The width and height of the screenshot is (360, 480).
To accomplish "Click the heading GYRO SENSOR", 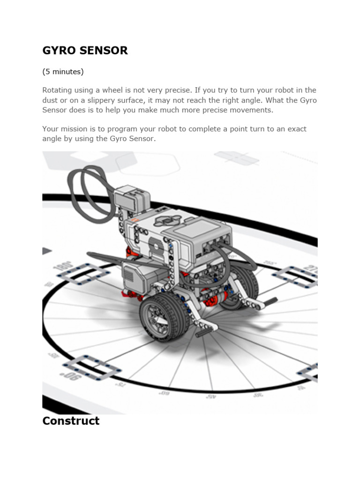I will click(x=85, y=51).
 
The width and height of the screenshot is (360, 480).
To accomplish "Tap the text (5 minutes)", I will click(x=63, y=72).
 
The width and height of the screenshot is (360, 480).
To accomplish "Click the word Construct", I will click(x=71, y=420).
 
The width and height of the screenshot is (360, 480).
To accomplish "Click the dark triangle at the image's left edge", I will click(x=46, y=251).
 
